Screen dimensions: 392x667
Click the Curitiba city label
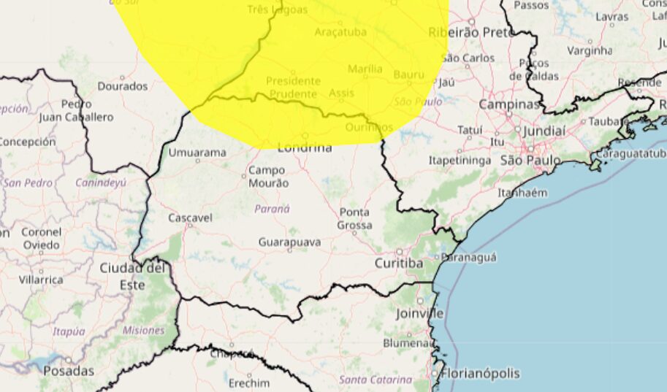pyautogui.click(x=399, y=263)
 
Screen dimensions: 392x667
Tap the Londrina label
pyautogui.click(x=305, y=147)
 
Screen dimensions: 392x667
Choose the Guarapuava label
pyautogui.click(x=289, y=242)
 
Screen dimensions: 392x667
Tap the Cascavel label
pyautogui.click(x=190, y=218)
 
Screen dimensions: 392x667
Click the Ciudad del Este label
pyautogui.click(x=132, y=277)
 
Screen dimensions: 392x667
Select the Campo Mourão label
pyautogui.click(x=268, y=177)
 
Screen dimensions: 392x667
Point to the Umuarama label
pyautogui.click(x=197, y=153)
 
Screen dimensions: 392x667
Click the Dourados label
pyautogui.click(x=122, y=86)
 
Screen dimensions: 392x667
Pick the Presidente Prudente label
pyautogui.click(x=293, y=88)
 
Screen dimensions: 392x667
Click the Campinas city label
pyautogui.click(x=508, y=104)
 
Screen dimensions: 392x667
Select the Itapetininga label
pyautogui.click(x=459, y=159)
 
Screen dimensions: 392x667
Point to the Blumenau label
pyautogui.click(x=409, y=342)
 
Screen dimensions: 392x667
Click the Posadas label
pyautogui.click(x=69, y=372)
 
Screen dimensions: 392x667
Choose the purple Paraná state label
pyautogui.click(x=272, y=209)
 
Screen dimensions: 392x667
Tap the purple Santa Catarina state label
pyautogui.click(x=376, y=380)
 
